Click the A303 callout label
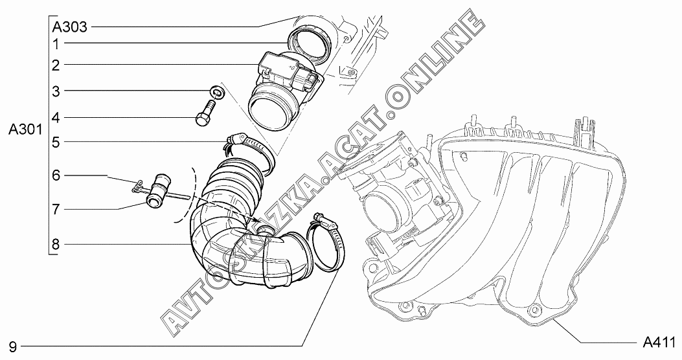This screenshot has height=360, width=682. [69, 27]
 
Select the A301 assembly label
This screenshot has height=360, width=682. [25, 130]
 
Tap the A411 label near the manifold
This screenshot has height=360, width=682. [659, 342]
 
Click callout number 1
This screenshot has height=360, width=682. [56, 44]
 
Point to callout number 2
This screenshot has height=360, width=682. [56, 66]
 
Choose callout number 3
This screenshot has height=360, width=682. [56, 92]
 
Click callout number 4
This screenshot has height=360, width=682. [56, 118]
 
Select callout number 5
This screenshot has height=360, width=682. [56, 142]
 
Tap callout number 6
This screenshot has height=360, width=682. [56, 175]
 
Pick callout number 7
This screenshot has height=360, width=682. [56, 209]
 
